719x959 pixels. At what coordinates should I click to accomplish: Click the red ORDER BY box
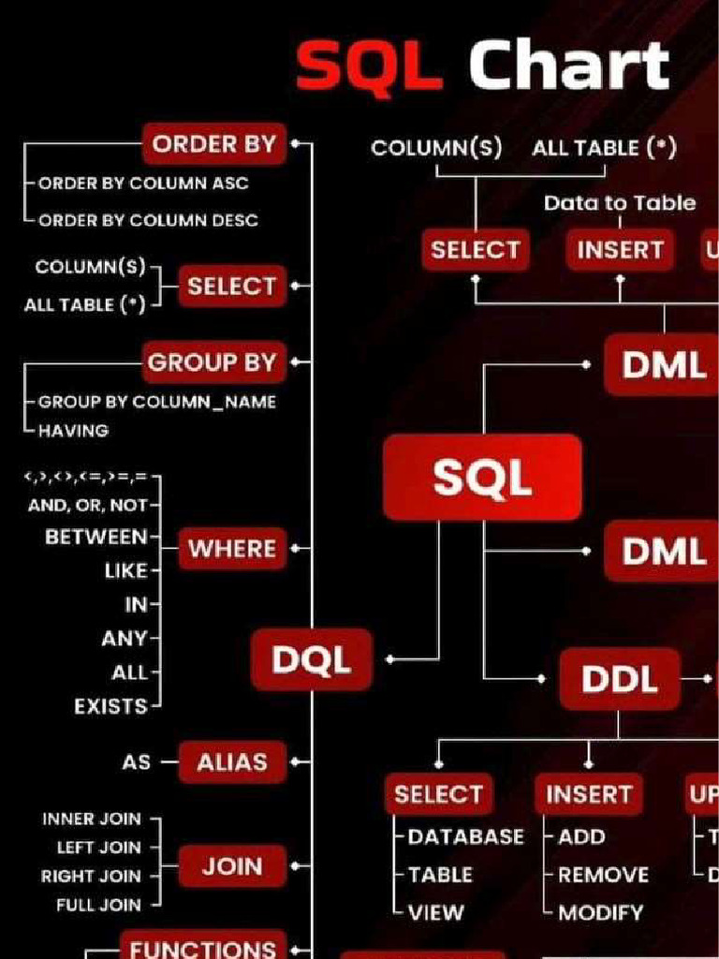(214, 144)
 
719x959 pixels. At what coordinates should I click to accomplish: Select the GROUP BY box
(213, 362)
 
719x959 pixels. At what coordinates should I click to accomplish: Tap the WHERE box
(232, 549)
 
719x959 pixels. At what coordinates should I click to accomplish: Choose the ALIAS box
(231, 762)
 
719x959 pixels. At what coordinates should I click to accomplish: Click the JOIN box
(232, 867)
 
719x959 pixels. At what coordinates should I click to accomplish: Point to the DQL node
(312, 660)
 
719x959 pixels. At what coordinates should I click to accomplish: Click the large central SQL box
(482, 479)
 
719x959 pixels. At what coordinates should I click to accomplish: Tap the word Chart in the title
(568, 66)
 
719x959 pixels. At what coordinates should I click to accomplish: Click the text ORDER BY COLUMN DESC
(148, 220)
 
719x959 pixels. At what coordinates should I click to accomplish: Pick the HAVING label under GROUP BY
(73, 431)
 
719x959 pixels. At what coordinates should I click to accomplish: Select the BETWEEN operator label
(96, 538)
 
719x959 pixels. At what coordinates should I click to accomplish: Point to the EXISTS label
(110, 706)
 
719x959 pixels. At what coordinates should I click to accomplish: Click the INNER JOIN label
(92, 819)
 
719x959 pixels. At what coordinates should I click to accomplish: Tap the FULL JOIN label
(98, 905)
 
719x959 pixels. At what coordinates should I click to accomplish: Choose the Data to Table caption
(620, 202)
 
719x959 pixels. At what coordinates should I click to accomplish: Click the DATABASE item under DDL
(465, 837)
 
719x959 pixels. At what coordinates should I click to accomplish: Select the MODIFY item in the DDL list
(601, 912)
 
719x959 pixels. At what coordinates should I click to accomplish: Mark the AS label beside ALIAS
(136, 762)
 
